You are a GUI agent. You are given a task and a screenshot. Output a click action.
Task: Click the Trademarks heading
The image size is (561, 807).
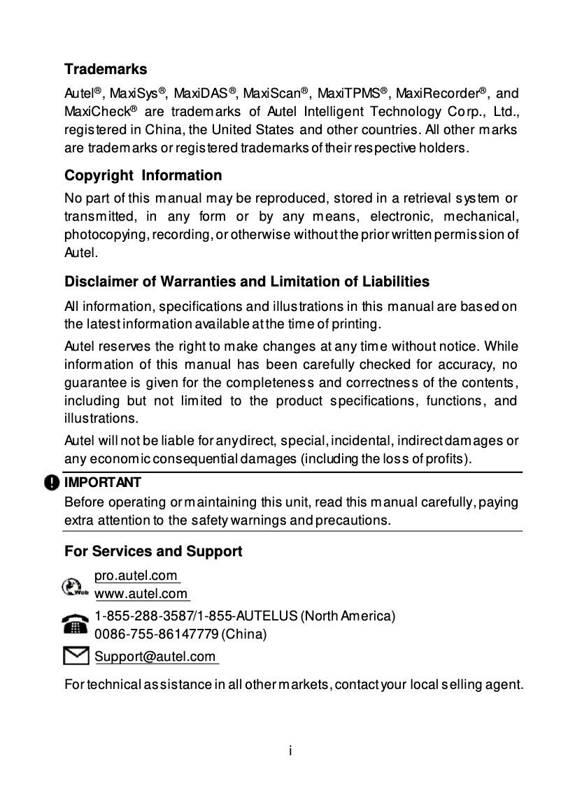tap(106, 69)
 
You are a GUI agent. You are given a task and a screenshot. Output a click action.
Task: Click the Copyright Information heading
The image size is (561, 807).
tap(143, 175)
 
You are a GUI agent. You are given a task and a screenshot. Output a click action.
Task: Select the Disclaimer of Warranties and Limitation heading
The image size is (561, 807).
tap(247, 282)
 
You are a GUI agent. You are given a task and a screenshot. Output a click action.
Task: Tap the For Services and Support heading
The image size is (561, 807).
tap(153, 551)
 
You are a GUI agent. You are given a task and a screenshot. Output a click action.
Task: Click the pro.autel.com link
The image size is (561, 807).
tap(137, 576)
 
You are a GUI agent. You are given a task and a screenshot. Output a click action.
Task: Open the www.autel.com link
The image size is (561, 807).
tap(141, 595)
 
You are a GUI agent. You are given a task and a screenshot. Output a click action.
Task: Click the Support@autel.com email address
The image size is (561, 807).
tap(155, 657)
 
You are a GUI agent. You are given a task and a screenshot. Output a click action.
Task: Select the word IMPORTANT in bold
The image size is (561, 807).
tap(103, 483)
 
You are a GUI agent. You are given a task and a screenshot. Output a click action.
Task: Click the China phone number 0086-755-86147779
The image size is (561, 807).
tap(156, 634)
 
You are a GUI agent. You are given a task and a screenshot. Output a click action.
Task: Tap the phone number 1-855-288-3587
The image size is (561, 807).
tap(144, 616)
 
